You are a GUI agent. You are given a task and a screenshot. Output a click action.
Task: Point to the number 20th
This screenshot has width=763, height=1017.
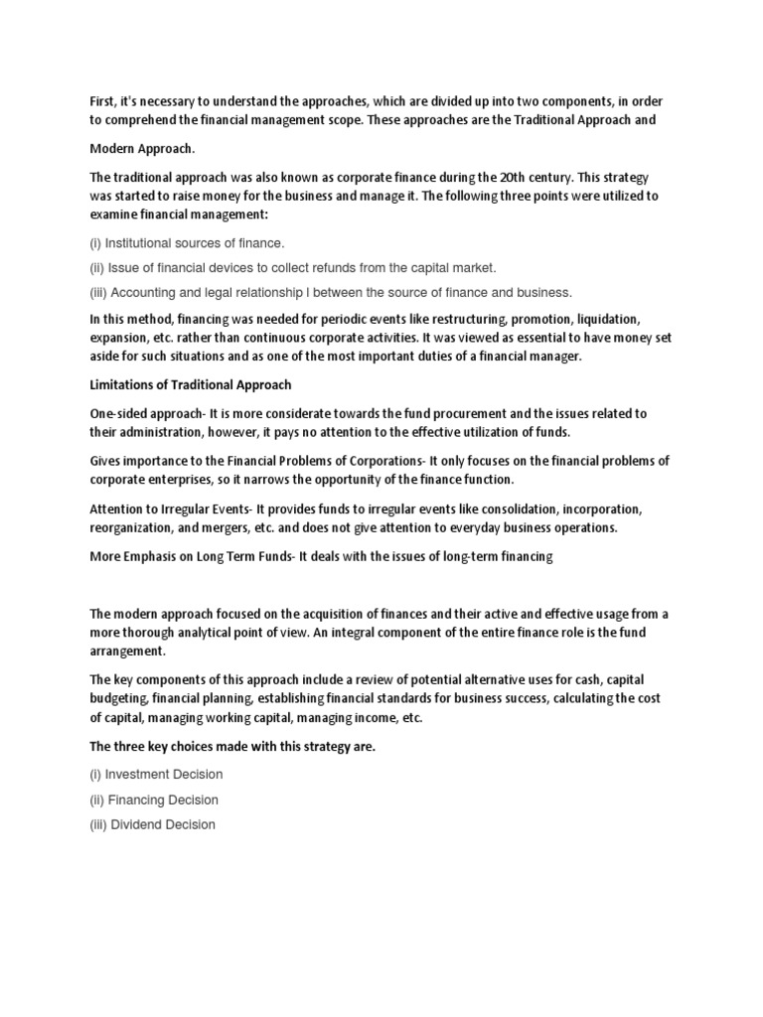coord(496,177)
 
